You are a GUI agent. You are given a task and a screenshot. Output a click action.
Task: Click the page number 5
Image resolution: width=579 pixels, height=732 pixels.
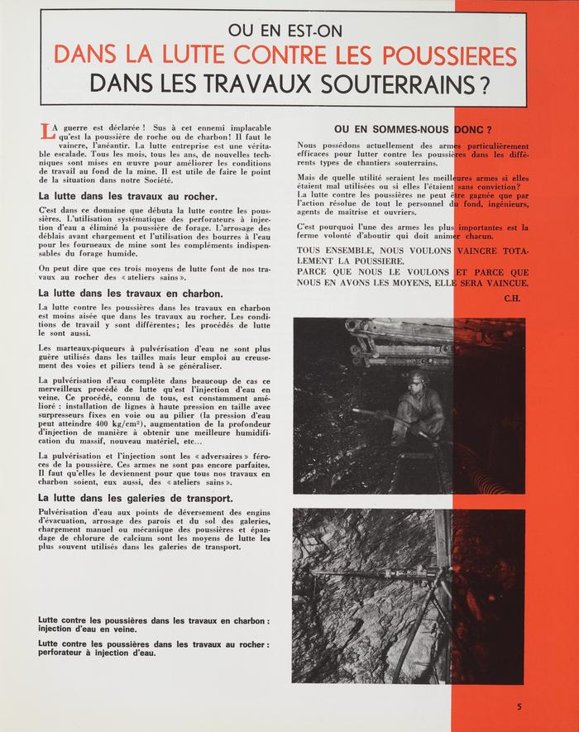[519, 706]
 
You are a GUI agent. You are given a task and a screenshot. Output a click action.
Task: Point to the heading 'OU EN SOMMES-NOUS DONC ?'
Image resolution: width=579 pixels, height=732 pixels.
[413, 129]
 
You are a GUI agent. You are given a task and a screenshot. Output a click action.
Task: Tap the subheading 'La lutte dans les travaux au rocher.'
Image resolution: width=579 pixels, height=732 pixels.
[127, 196]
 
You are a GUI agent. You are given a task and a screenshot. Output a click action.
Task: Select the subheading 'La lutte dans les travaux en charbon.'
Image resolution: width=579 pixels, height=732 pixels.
[131, 292]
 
